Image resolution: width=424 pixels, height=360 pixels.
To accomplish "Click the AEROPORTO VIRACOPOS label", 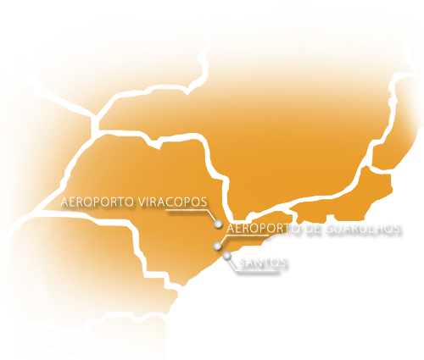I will point(134,202).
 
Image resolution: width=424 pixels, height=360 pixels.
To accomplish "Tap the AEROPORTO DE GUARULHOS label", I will point(314,229).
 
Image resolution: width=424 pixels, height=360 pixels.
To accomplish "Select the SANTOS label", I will point(263,263).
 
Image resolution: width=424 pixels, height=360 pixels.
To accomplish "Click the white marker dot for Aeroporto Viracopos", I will point(218,224).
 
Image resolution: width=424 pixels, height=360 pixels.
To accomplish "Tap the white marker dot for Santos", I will point(226,255).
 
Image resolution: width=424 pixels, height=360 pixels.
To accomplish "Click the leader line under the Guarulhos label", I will point(242,238).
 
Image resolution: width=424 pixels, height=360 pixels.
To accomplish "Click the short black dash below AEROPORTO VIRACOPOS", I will point(71,213).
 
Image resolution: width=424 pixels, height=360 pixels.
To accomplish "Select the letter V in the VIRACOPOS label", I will point(141,202).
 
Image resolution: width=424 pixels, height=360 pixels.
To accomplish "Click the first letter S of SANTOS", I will point(243,263).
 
